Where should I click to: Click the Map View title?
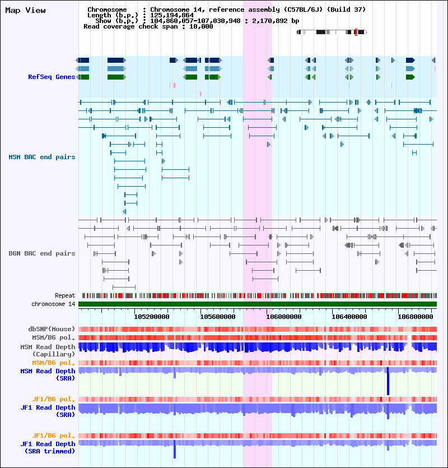click(25, 10)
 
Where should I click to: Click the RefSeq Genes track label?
click(52, 77)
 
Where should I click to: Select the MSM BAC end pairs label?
click(41, 157)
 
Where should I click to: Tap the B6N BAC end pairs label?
click(41, 253)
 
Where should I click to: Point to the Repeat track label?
click(65, 295)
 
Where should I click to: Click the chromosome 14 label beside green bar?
click(53, 304)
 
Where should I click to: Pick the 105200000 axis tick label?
click(152, 316)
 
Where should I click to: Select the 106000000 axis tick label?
click(283, 316)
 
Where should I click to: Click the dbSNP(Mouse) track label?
click(52, 329)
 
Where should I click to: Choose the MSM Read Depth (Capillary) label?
click(48, 350)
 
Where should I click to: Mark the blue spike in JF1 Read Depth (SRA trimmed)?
click(175, 450)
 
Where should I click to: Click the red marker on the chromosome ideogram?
click(356, 33)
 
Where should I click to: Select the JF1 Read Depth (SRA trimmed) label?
click(48, 447)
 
